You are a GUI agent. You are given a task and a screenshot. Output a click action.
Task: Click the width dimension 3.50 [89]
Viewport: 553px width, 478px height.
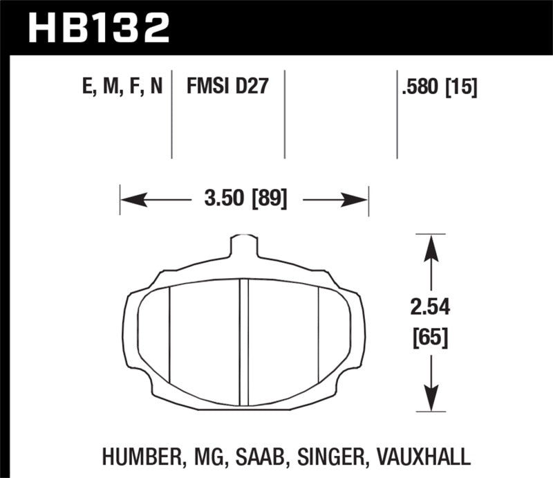245,201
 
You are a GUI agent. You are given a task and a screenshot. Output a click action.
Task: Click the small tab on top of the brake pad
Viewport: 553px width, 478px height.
244,246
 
